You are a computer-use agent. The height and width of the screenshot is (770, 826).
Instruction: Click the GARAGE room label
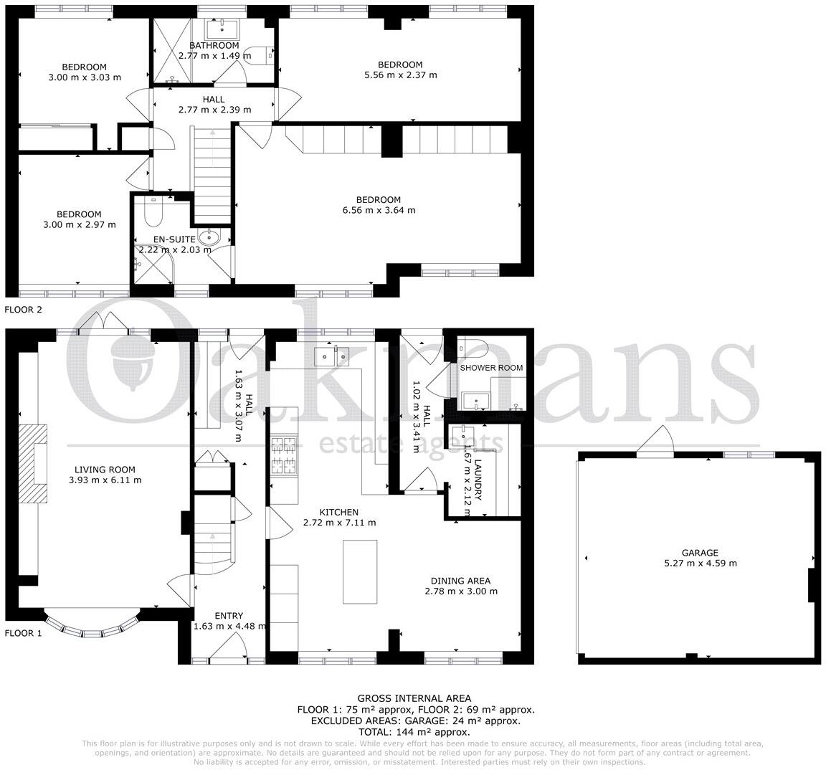coord(700,553)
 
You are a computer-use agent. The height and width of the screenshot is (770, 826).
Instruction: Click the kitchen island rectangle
coord(360,572)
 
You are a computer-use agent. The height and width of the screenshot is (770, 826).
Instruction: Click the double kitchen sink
coord(331,355)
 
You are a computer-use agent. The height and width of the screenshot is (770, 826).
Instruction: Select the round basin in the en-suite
coord(210,237)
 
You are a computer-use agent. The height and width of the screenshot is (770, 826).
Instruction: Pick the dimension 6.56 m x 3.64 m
coord(379,210)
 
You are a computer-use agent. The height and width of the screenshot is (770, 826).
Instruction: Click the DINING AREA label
coord(460,581)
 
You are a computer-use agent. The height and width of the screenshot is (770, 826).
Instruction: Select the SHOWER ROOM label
coord(491,368)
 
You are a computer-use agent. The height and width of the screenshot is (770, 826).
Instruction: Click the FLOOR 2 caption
coord(24,310)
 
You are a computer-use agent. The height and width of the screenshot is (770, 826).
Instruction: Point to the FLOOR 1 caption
coord(24,633)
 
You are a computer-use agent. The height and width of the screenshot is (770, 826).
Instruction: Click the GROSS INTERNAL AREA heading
coord(414,698)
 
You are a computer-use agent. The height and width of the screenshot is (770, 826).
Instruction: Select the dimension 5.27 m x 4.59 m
coord(700,563)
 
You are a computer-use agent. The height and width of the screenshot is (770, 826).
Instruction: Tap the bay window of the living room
coord(90,625)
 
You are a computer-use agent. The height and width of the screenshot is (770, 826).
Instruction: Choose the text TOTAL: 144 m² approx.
coord(414,732)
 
